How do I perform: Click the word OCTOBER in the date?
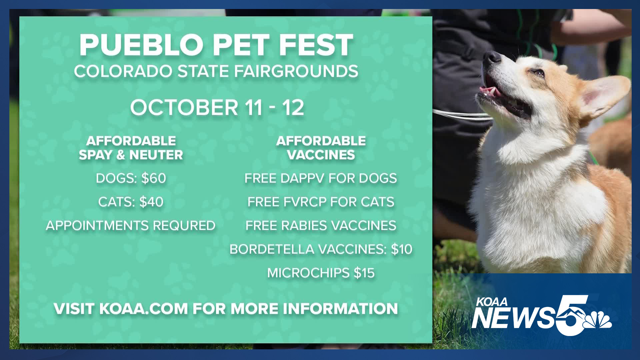tap(184, 108)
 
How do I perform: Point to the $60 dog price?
tap(154, 178)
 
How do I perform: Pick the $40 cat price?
tap(151, 202)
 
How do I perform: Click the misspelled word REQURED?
tap(184, 226)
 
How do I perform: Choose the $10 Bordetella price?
tap(402, 249)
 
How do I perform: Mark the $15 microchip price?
tap(364, 273)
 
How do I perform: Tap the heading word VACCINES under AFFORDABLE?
tap(321, 155)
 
